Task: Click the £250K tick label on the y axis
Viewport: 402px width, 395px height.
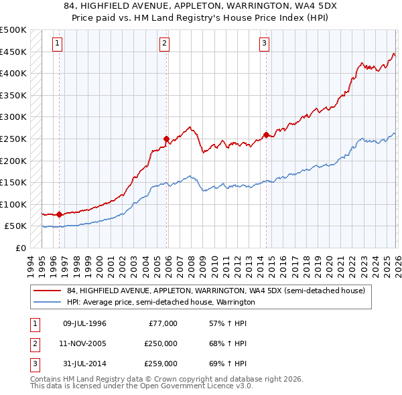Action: click(13, 139)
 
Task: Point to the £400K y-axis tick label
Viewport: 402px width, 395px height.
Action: click(13, 73)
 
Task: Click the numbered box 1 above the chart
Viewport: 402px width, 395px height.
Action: click(58, 44)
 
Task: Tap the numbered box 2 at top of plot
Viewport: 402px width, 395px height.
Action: click(164, 44)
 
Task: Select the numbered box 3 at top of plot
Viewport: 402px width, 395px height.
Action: click(265, 44)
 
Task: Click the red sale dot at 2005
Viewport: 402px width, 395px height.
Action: click(166, 139)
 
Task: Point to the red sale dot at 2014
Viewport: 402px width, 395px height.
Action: click(266, 135)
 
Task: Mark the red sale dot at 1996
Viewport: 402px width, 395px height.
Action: click(60, 215)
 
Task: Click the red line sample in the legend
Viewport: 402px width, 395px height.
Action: click(48, 291)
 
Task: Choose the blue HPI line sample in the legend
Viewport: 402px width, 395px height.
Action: click(48, 303)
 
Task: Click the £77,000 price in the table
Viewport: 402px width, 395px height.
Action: click(161, 323)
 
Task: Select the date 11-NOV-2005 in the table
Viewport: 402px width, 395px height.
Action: click(84, 343)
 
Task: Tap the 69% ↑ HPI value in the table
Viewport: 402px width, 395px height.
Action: click(228, 364)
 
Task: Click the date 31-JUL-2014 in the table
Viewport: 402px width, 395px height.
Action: click(84, 364)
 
